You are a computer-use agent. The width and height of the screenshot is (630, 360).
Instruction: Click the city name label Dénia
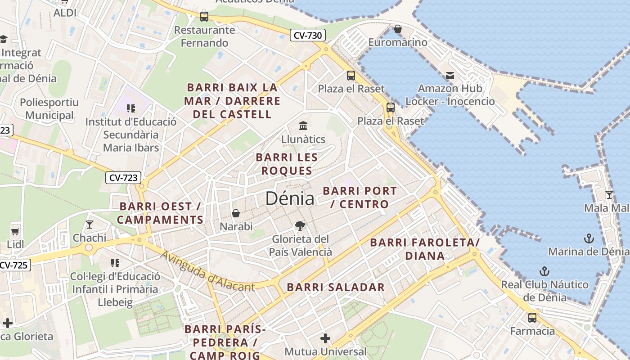[289, 198]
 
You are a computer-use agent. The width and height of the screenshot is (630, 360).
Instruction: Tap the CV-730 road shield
[307, 35]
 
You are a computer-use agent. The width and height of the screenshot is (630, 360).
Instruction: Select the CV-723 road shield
[123, 177]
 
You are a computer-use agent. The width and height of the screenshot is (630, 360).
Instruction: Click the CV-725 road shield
[13, 265]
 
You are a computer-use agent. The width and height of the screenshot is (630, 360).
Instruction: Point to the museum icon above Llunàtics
[303, 125]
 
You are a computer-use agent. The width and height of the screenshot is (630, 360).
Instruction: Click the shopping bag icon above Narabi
[236, 213]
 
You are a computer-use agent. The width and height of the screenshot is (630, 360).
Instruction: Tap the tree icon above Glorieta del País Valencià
[300, 226]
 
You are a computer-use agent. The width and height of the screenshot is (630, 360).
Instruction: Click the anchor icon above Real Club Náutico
[544, 271]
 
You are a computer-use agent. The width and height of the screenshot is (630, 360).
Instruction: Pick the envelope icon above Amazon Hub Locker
[450, 75]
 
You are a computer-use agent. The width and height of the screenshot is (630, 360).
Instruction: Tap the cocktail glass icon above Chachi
[90, 224]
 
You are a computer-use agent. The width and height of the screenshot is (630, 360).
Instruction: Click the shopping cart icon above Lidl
[15, 231]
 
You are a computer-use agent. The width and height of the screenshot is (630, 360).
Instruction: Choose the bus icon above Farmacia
[532, 318]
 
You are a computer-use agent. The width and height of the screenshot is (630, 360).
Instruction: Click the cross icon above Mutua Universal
[325, 338]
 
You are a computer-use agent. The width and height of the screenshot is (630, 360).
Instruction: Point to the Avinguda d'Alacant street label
[207, 272]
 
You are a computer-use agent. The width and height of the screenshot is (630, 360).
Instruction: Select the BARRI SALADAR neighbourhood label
[336, 287]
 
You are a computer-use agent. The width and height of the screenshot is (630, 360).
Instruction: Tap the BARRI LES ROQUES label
[287, 164]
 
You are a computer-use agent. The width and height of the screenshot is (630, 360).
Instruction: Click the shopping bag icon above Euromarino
[397, 29]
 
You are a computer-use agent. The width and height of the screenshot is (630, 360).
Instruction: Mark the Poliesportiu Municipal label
[49, 109]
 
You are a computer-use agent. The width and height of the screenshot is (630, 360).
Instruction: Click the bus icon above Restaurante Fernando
[204, 17]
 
